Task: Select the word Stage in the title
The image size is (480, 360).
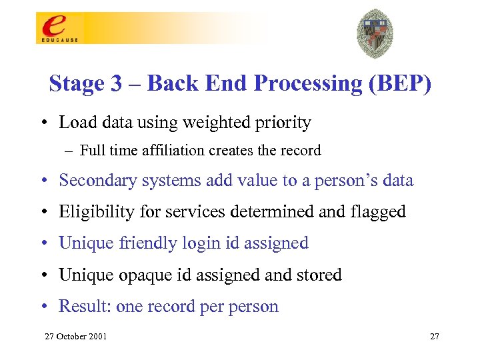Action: click(75, 84)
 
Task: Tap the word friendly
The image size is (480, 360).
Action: click(143, 243)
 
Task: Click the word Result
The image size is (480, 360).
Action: click(84, 307)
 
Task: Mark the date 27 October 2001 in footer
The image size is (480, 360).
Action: click(75, 337)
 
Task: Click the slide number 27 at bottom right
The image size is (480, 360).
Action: click(434, 337)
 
